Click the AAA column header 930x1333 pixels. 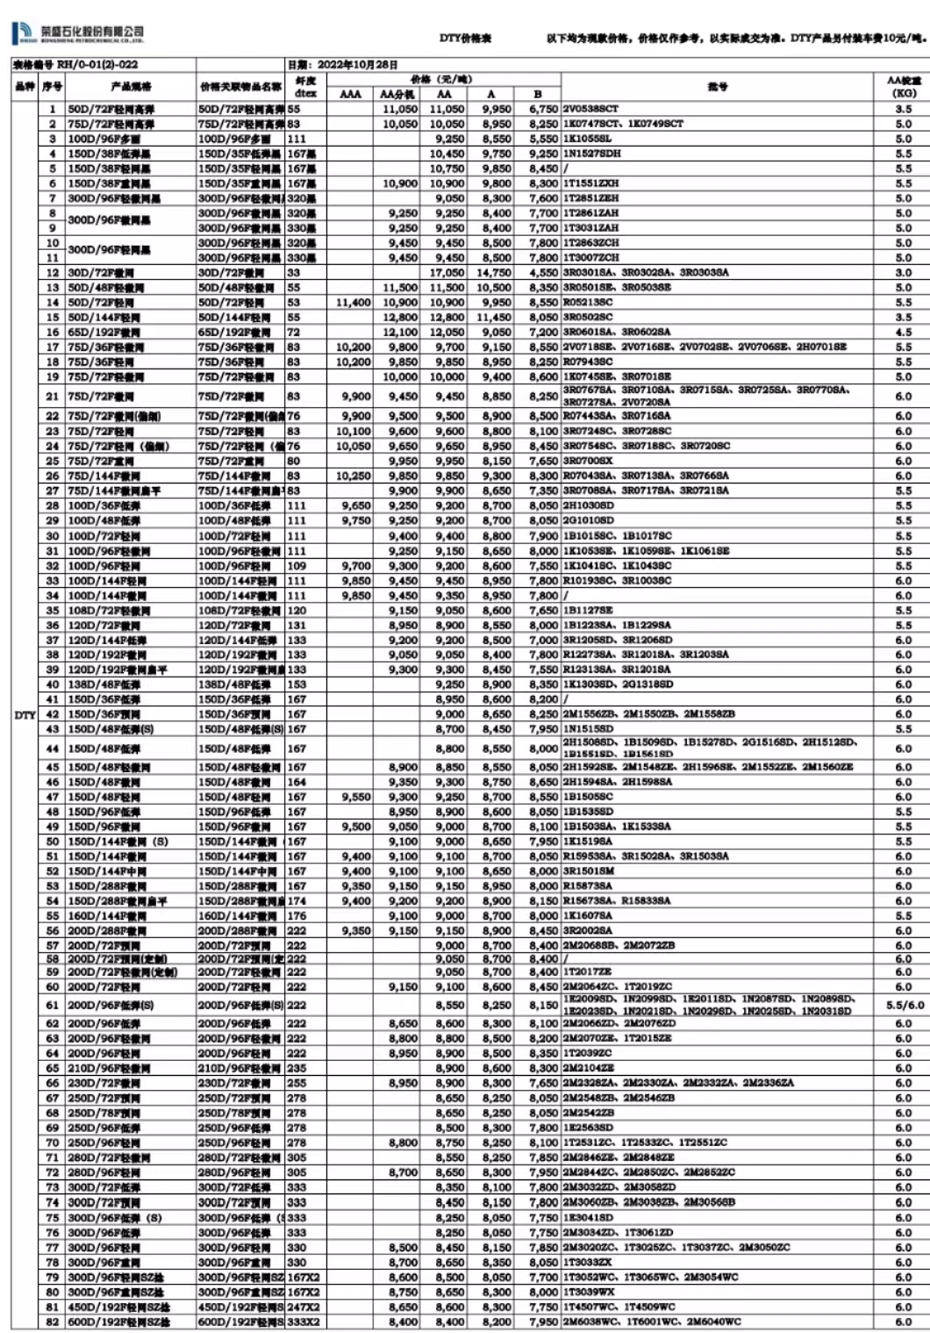point(350,94)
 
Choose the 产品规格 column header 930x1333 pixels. point(131,87)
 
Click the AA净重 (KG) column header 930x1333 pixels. point(903,87)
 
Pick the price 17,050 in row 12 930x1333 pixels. point(447,273)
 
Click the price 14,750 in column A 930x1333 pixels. point(494,273)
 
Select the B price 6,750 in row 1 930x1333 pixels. point(543,110)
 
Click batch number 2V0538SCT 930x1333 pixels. point(590,110)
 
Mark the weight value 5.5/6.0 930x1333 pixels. point(905,1005)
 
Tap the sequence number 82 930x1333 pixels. point(53,1322)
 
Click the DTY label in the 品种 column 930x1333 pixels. point(25,715)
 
